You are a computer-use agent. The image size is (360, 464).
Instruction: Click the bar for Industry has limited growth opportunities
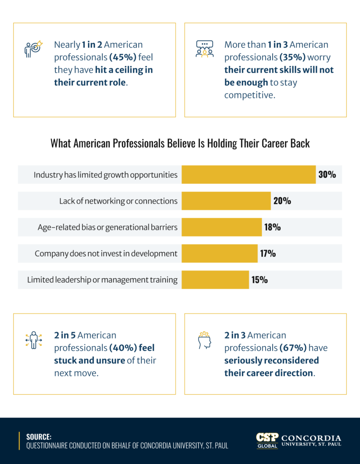(248, 174)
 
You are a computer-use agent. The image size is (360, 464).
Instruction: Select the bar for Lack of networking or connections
(226, 201)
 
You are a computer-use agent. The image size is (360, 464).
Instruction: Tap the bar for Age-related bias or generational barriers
(221, 227)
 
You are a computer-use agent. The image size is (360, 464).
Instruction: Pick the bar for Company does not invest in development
(219, 253)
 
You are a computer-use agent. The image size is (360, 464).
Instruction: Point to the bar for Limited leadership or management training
(215, 280)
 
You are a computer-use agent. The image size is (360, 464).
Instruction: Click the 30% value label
(327, 174)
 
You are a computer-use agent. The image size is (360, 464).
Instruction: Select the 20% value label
(282, 201)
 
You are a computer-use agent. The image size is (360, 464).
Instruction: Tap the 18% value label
(272, 227)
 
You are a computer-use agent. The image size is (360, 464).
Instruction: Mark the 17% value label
(268, 253)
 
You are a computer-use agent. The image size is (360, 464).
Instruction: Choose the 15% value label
(259, 280)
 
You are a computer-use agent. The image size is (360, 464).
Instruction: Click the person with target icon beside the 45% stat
(33, 49)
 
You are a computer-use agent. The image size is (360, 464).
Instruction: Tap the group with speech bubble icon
(204, 49)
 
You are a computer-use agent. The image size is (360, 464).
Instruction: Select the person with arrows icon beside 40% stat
(33, 340)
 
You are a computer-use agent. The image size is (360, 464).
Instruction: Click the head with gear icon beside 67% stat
(204, 340)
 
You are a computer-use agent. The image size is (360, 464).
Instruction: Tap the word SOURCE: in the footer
(38, 437)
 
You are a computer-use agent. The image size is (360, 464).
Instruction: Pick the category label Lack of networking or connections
(118, 201)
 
